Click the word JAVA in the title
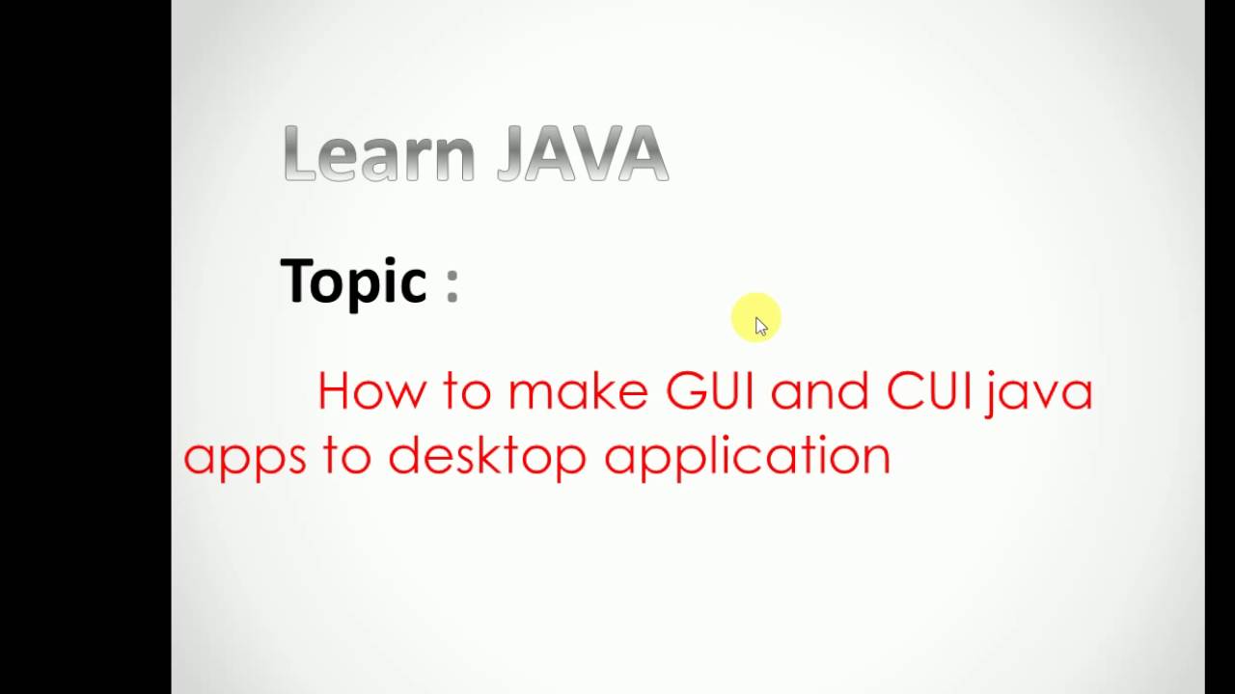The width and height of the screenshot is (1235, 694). tap(583, 154)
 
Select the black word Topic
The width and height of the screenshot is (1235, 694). tap(354, 281)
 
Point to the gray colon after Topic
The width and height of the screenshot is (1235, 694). tap(453, 284)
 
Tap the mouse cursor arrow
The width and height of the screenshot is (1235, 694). tap(761, 326)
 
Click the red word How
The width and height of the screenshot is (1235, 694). tap(370, 391)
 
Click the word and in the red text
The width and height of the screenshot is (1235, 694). tap(820, 391)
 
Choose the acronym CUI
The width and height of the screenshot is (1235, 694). tap(928, 391)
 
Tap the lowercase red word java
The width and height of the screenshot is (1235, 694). tap(1040, 393)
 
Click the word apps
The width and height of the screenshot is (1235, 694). tap(244, 456)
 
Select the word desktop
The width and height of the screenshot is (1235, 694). tap(487, 455)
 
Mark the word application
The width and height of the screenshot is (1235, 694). tap(747, 456)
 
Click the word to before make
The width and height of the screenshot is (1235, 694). tap(467, 392)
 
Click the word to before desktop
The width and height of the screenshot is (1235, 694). tap(346, 455)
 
